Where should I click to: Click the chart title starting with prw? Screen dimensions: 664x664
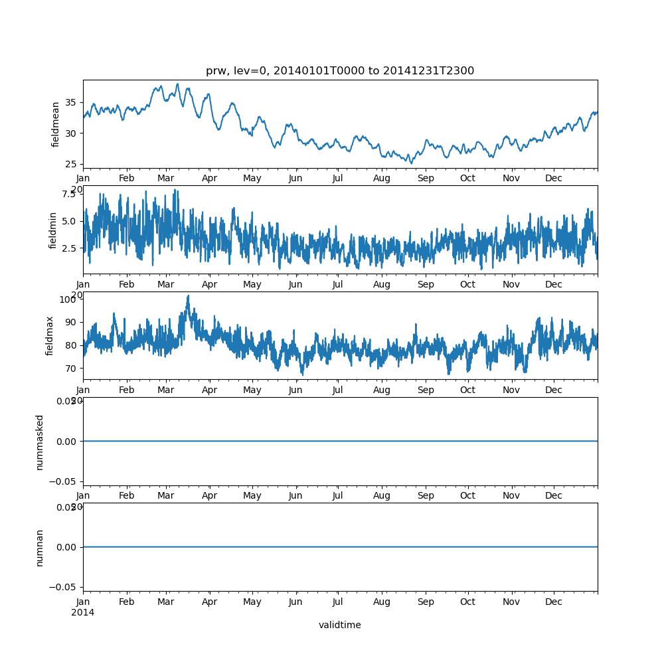pos(340,71)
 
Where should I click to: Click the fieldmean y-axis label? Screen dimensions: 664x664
pos(56,124)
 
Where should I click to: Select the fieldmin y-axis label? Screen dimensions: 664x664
pos(54,230)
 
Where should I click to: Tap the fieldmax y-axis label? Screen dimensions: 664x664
pos(50,335)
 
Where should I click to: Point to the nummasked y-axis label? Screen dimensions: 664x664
pos(40,442)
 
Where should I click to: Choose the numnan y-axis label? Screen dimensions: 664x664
pos(40,547)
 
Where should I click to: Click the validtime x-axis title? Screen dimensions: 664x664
pos(340,625)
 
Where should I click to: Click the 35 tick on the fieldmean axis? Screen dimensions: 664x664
pos(69,103)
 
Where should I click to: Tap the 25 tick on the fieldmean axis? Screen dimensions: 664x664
pos(69,164)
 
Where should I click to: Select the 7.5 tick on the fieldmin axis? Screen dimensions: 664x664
pos(69,193)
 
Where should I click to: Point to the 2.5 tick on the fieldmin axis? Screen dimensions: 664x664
pos(69,248)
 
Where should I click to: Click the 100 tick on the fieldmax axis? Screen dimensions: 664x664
pos(67,299)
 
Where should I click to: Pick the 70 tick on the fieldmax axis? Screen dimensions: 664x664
pos(69,368)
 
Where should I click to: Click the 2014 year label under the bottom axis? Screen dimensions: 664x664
pos(82,612)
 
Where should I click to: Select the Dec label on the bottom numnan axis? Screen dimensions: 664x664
pos(553,602)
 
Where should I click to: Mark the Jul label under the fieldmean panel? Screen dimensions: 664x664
pos(337,179)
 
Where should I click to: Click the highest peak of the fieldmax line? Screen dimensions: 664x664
pos(188,295)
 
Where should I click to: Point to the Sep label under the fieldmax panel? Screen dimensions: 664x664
pos(425,390)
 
